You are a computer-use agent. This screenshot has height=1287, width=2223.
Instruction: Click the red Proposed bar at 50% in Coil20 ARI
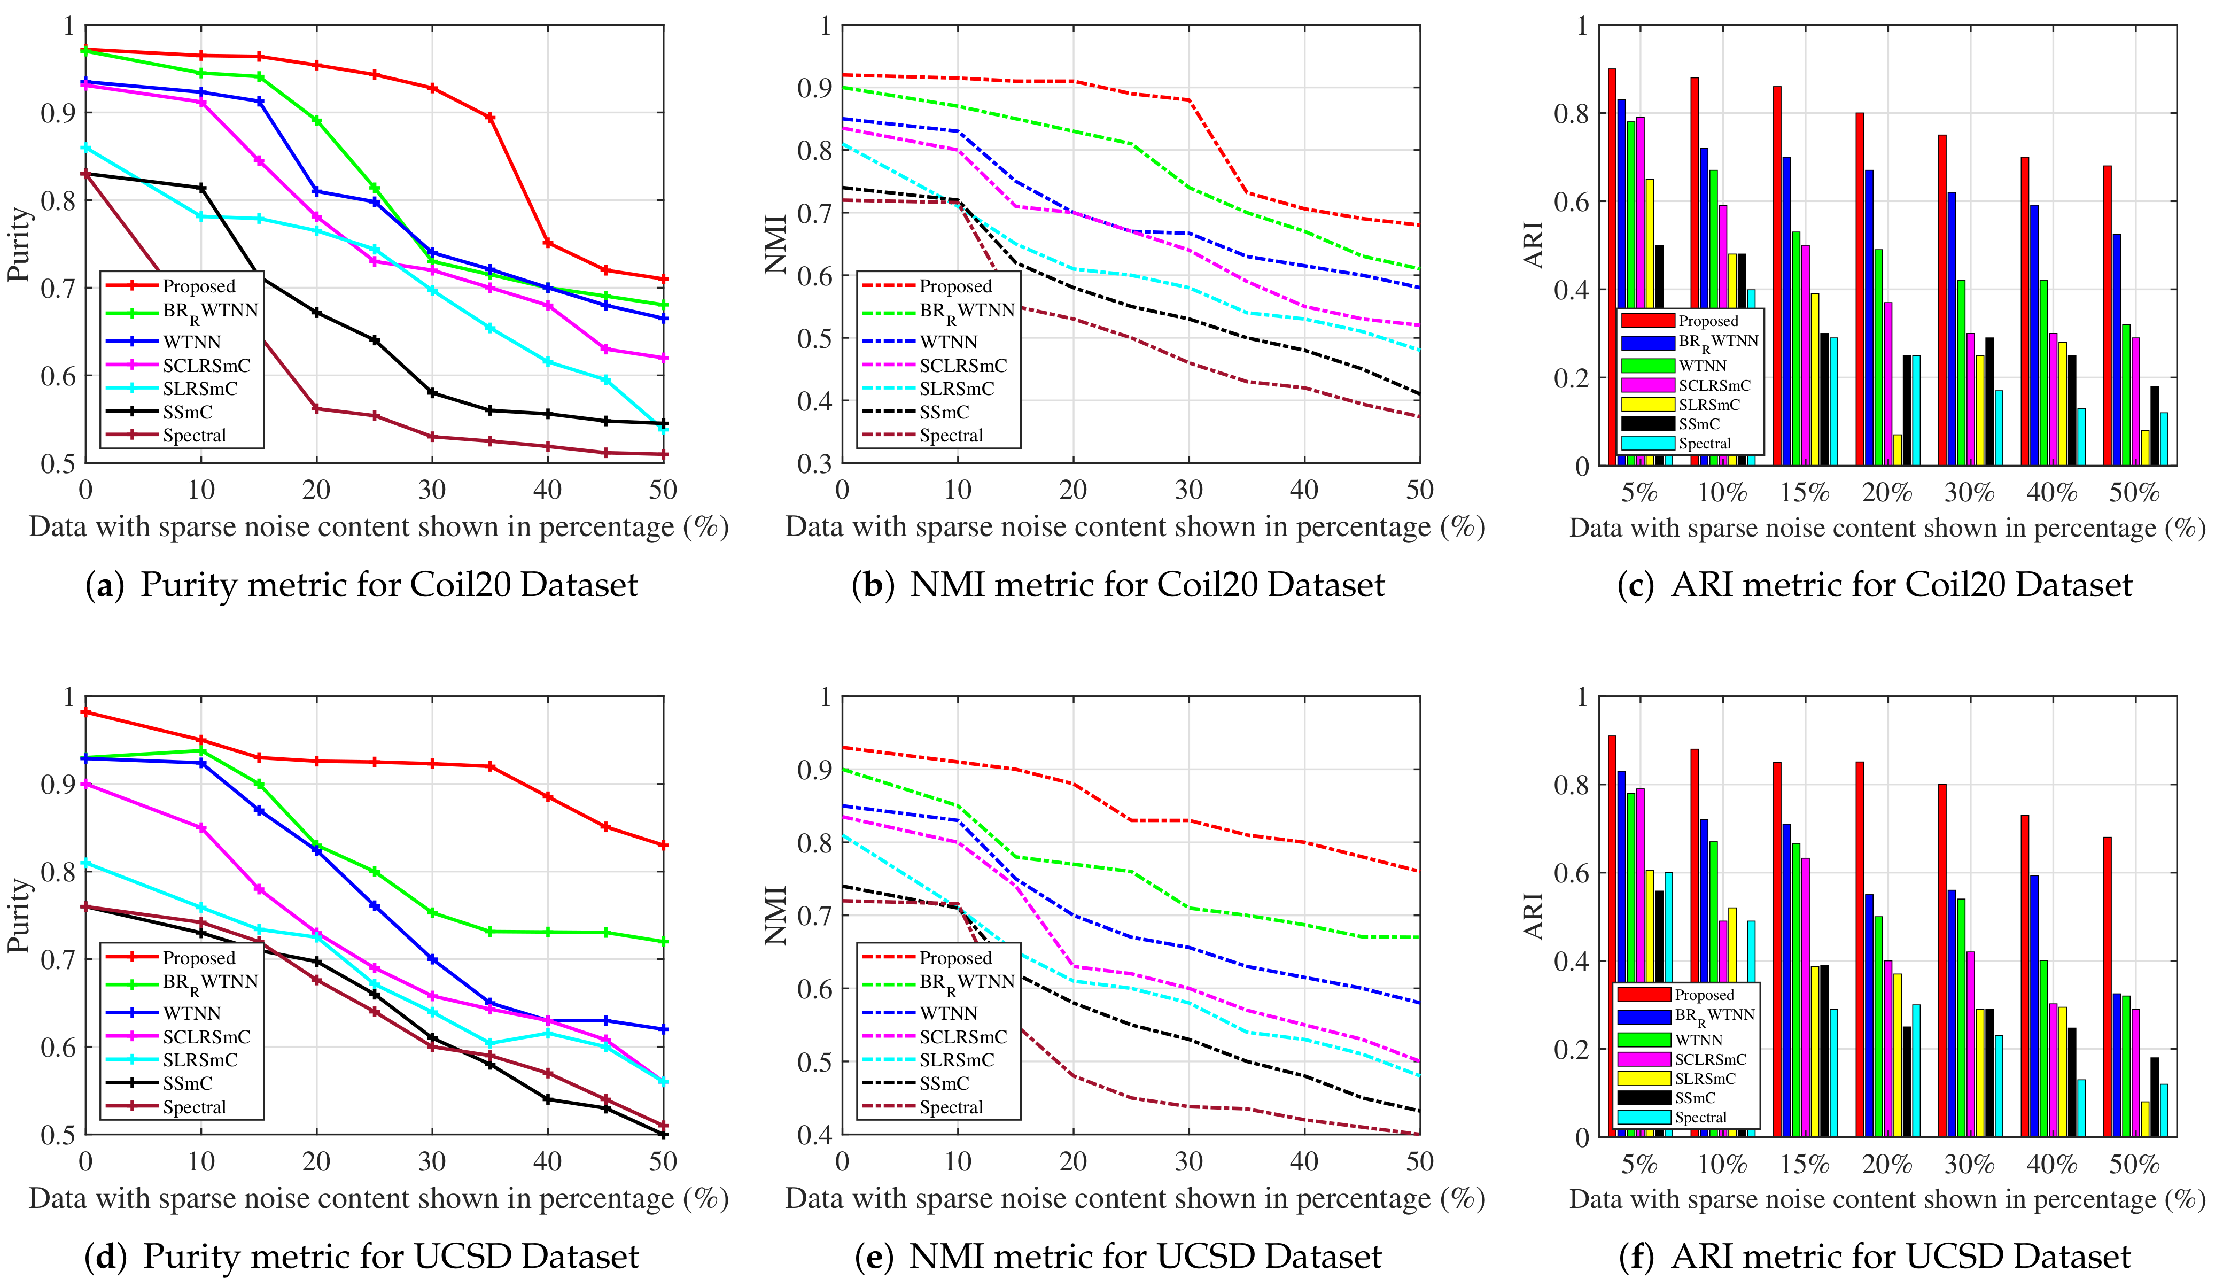pyautogui.click(x=2108, y=316)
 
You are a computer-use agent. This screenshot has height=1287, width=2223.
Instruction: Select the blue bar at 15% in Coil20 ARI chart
pyautogui.click(x=1786, y=312)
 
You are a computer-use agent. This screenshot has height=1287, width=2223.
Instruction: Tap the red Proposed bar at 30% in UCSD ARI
pyautogui.click(x=1942, y=960)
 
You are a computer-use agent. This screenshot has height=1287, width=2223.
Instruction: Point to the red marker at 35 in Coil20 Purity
pyautogui.click(x=491, y=118)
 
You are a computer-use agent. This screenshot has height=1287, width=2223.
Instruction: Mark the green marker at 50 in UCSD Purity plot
pyautogui.click(x=663, y=942)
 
